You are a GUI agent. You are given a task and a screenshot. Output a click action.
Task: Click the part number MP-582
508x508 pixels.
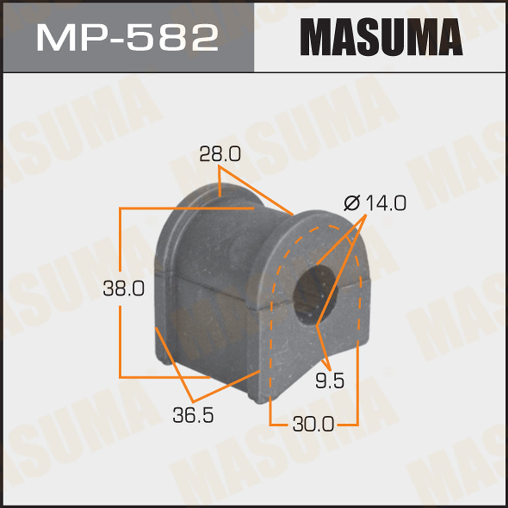127,37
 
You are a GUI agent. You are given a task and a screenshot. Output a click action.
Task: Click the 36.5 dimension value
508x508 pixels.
193,415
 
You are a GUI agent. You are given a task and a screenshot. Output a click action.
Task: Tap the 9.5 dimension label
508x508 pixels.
330,380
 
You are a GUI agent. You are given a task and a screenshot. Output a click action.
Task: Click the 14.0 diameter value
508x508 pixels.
385,204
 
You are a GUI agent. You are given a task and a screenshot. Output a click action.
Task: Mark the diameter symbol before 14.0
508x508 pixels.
352,204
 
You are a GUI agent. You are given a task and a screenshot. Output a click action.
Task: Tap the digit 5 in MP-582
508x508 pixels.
146,37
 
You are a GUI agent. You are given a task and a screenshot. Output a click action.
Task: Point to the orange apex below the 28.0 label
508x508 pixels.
220,171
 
